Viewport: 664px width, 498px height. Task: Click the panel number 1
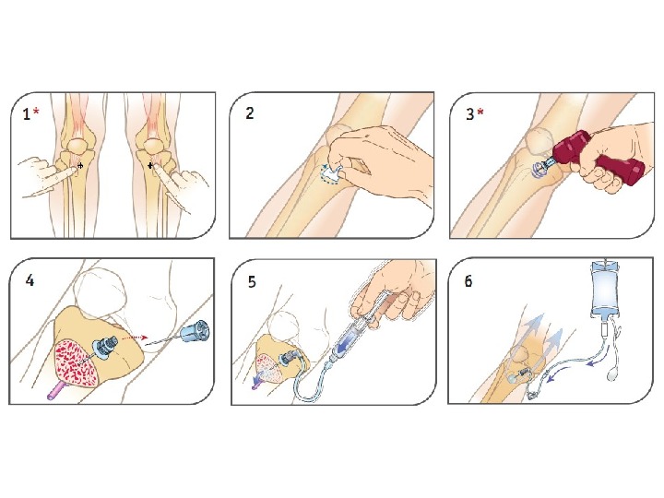26,114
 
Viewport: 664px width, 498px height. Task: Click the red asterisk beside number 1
36,111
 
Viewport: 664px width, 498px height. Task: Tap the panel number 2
249,113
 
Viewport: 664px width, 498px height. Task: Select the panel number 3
469,114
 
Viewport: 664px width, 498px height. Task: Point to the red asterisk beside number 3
480,112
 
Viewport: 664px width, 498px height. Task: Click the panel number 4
30,280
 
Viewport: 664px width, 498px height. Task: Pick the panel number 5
252,281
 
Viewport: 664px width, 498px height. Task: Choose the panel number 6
468,281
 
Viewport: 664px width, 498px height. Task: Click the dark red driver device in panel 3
598,160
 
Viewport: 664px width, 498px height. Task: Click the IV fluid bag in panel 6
606,289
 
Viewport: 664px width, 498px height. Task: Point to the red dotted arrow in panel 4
134,338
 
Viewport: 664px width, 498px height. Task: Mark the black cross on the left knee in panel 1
80,167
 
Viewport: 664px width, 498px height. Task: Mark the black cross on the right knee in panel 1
150,166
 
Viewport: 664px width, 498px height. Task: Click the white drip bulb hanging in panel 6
612,374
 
